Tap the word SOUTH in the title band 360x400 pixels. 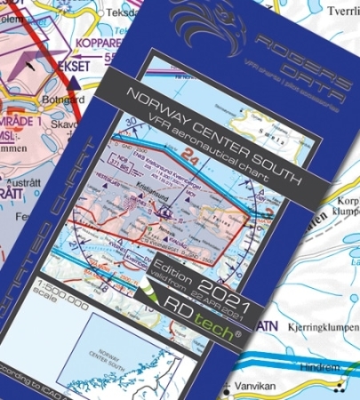(267, 165)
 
